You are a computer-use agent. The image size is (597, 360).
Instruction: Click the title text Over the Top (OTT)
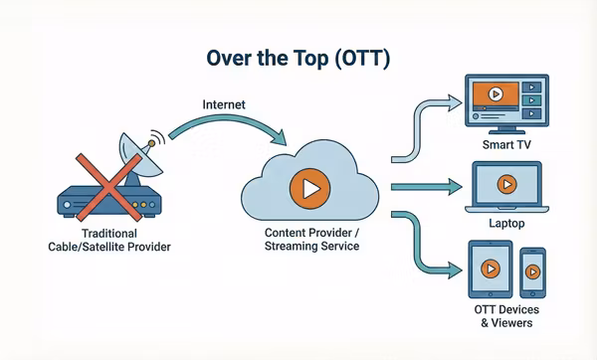[x=298, y=58]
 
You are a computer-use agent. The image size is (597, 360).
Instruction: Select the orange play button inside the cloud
[x=307, y=186]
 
